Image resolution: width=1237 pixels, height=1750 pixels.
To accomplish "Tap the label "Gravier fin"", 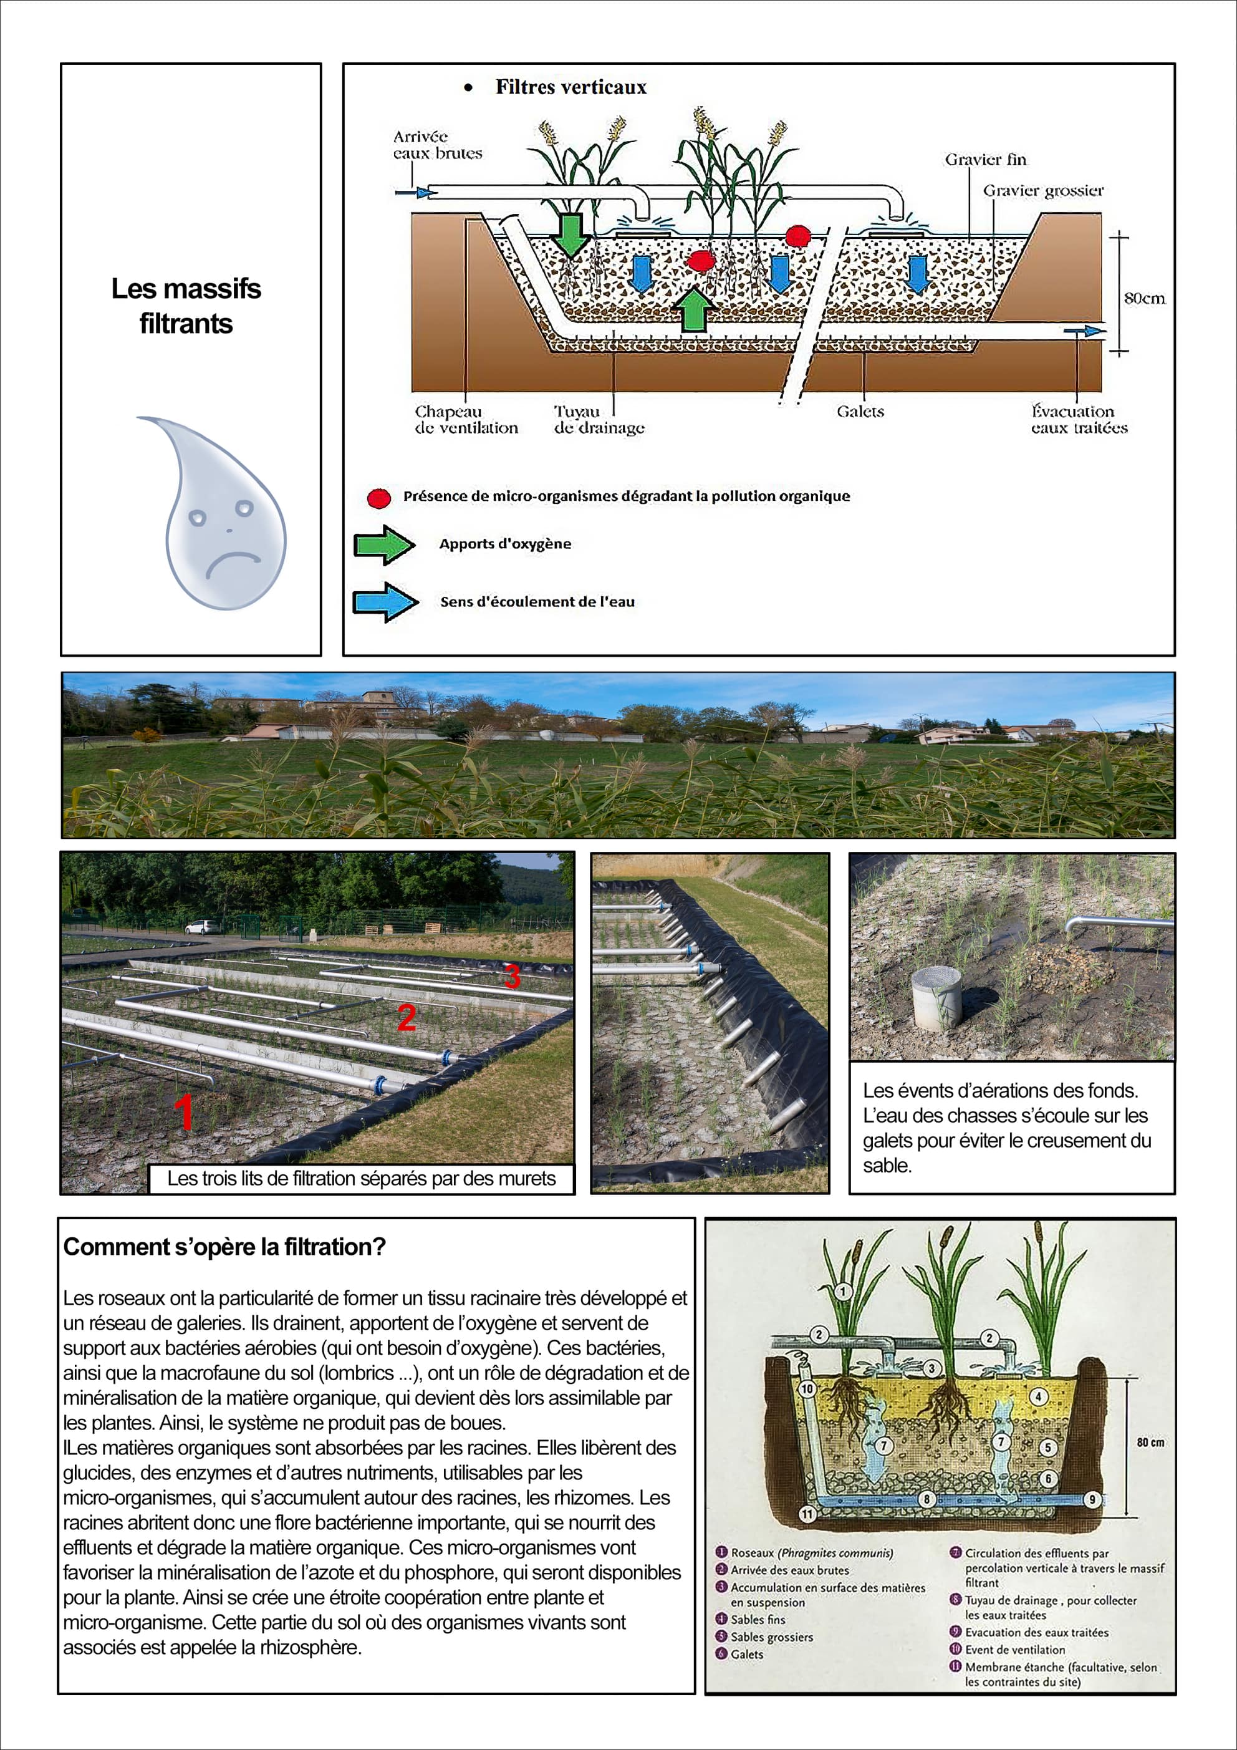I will point(986,159).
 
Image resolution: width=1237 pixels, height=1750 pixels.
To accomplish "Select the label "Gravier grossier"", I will point(1042,191).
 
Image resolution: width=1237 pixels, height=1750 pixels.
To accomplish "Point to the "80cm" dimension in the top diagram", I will point(1144,298).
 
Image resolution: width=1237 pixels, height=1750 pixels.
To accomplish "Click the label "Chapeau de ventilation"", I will point(466,419).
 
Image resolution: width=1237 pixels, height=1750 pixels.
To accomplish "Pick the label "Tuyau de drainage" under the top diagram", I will point(599,419).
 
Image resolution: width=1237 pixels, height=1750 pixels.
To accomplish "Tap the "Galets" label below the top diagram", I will point(860,412).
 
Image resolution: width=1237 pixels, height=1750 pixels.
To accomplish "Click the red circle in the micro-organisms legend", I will point(379,498).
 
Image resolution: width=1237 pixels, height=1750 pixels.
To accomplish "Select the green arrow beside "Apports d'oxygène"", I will point(384,544).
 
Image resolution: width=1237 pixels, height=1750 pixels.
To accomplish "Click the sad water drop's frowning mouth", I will point(233,563).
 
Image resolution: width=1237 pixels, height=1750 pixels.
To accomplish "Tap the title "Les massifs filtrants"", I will point(186,306).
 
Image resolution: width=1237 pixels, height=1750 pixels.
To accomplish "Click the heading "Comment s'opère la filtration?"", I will point(224,1247).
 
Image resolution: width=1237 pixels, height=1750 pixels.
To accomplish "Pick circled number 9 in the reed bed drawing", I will point(1092,1499).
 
